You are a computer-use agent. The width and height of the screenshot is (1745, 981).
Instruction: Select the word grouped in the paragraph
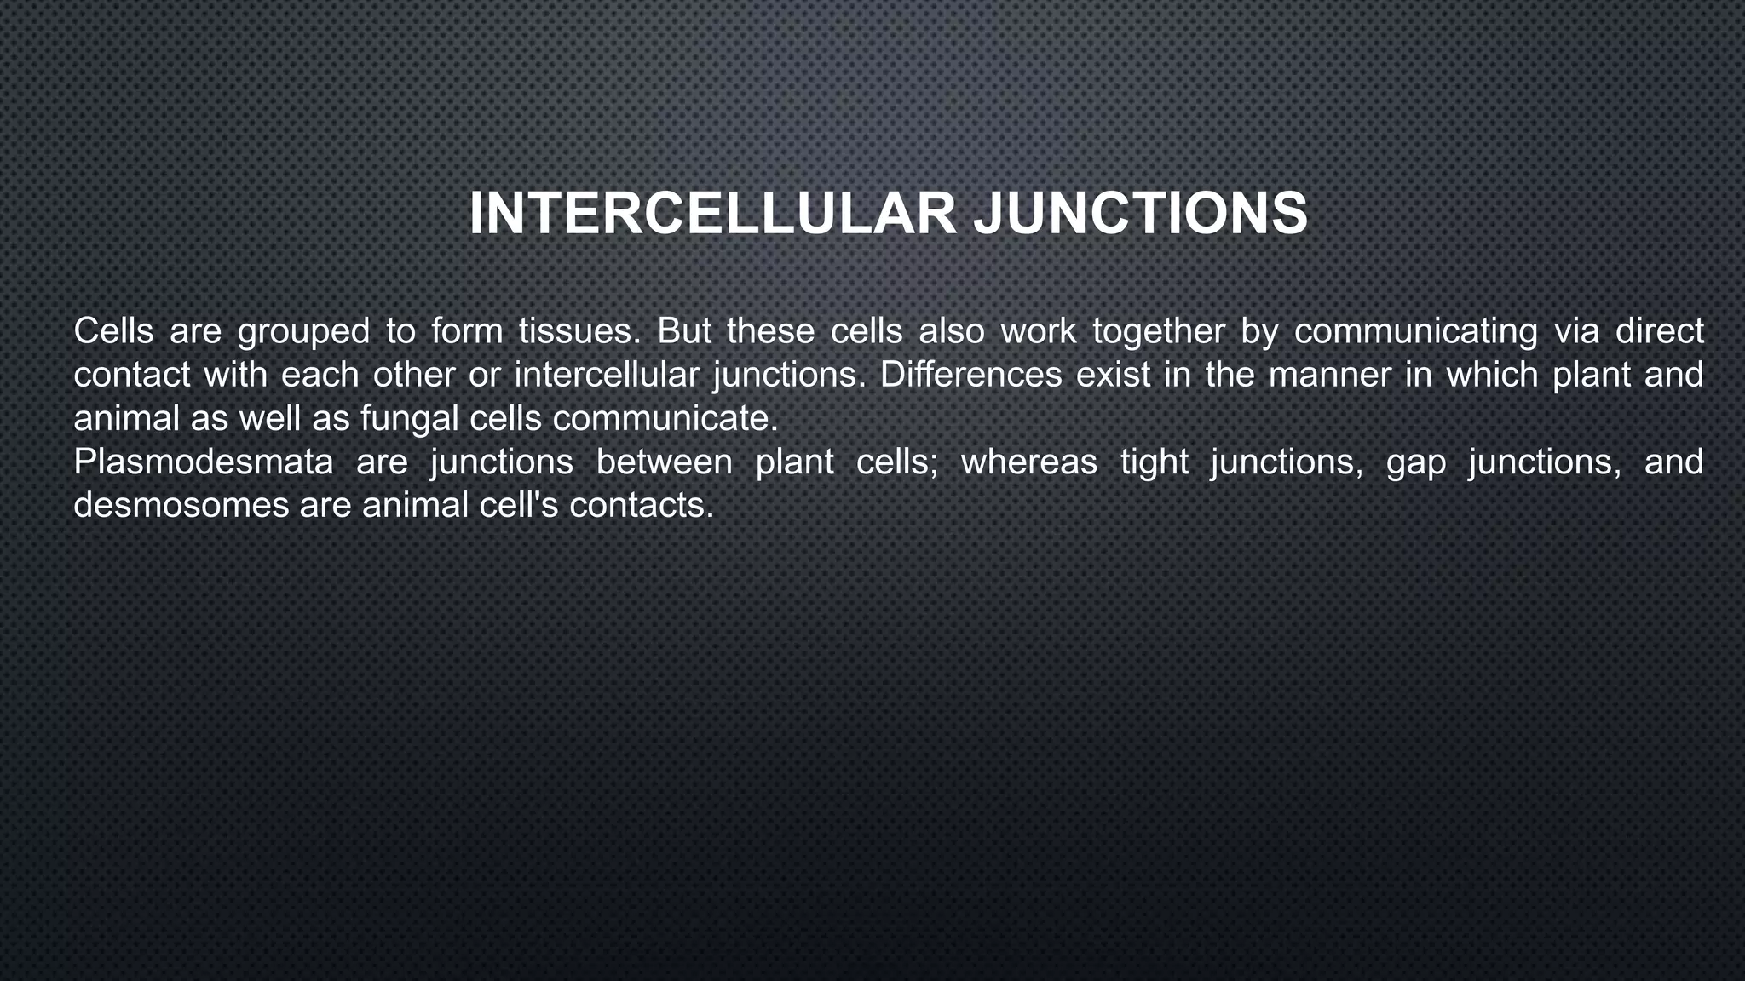pos(303,331)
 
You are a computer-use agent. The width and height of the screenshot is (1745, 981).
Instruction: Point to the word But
pos(684,331)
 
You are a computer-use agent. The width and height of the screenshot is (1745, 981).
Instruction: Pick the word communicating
pos(1415,331)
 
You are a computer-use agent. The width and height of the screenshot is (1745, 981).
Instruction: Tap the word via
pos(1576,331)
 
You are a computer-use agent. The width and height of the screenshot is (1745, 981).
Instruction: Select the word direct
pos(1659,331)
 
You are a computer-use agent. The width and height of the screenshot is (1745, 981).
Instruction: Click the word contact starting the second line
pos(132,375)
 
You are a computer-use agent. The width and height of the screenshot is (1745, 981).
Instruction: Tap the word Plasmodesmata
pos(204,462)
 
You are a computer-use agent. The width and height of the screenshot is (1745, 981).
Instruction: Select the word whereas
pos(1028,462)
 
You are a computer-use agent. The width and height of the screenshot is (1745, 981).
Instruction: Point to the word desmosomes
pos(181,505)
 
